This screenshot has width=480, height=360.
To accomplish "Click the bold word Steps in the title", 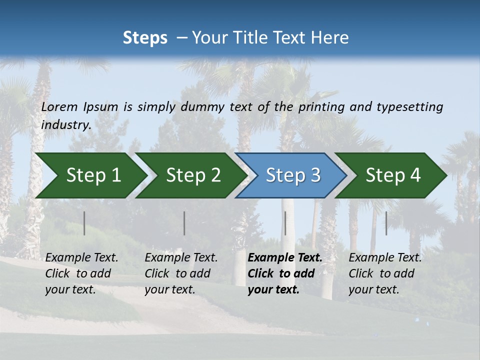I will point(145,38).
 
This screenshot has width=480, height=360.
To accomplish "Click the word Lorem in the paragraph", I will point(59,106).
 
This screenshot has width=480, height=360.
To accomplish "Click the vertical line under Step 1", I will point(84,223).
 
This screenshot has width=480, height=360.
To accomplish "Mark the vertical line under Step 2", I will point(184,223).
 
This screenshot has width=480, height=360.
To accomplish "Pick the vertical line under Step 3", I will point(285,223).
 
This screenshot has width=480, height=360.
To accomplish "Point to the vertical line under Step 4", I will point(386,223).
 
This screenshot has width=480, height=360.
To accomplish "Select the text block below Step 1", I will point(81,273).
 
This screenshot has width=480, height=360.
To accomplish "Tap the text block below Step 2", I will point(181,273).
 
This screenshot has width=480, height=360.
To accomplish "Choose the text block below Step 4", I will point(385,273).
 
